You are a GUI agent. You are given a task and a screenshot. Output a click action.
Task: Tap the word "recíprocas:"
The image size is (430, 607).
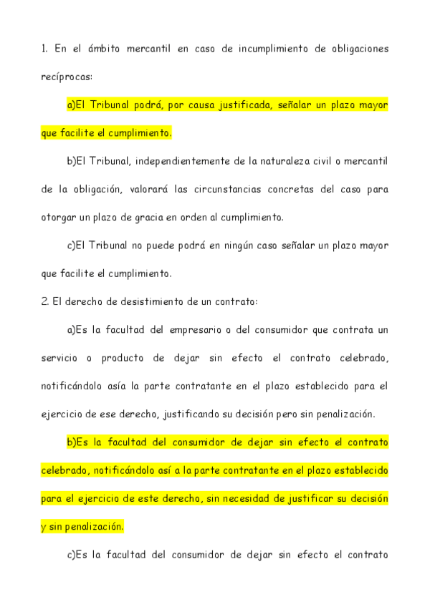tap(67, 77)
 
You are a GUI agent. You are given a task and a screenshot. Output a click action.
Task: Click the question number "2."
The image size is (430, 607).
tap(45, 301)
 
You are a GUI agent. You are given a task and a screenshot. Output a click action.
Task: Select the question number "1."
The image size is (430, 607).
tap(44, 49)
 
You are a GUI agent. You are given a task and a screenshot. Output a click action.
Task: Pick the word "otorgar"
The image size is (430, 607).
tap(59, 217)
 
